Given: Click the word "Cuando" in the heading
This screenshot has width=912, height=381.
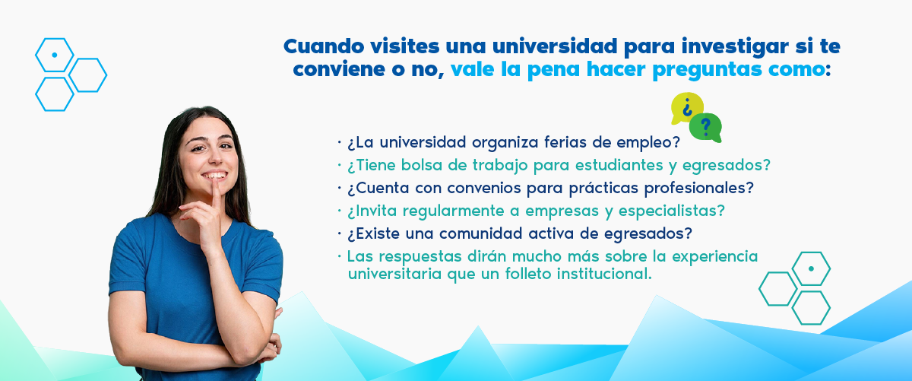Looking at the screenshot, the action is pyautogui.click(x=324, y=46).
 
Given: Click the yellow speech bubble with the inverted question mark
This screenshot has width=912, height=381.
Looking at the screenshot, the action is pyautogui.click(x=686, y=107).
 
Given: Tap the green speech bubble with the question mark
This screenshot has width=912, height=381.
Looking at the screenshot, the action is pyautogui.click(x=705, y=128).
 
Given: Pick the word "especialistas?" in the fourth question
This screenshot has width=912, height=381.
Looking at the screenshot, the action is pyautogui.click(x=672, y=211).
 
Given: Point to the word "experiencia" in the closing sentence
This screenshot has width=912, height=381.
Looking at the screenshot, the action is pyautogui.click(x=714, y=257).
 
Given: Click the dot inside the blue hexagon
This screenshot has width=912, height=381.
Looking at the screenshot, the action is pyautogui.click(x=55, y=55).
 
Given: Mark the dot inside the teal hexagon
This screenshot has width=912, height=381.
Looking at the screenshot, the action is pyautogui.click(x=811, y=269).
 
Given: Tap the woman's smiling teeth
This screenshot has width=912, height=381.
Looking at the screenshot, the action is pyautogui.click(x=214, y=176).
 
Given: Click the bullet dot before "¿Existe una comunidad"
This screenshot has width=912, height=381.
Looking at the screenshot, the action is pyautogui.click(x=339, y=234).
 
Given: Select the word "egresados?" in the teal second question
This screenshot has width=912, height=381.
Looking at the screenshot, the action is pyautogui.click(x=727, y=166).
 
